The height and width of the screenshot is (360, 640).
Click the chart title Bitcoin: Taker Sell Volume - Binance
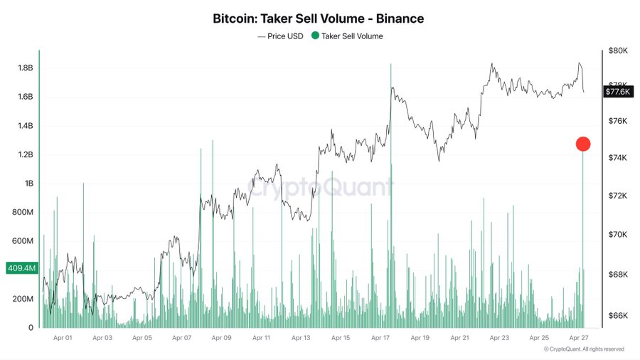point(320,18)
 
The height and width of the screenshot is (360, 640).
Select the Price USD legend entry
point(282,36)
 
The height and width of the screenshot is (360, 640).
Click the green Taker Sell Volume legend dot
point(316,36)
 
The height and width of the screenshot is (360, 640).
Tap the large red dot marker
point(583,144)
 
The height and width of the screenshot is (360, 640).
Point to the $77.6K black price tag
point(617,92)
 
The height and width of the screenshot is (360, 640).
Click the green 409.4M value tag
point(21,268)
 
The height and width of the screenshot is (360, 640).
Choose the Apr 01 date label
point(63,339)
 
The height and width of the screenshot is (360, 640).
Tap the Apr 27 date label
point(580,339)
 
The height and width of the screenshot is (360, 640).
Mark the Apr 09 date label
point(222,339)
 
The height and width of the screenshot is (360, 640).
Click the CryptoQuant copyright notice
point(584,349)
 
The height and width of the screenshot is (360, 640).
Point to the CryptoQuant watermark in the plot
point(320,188)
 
